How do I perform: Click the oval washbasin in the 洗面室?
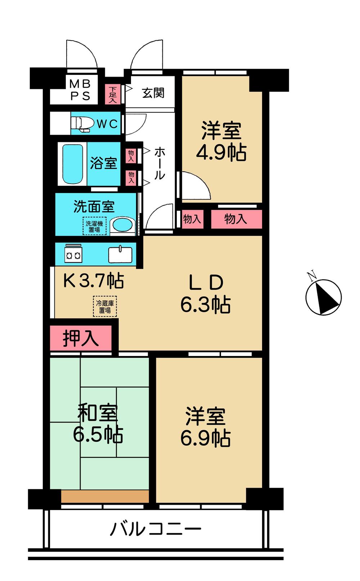[122, 225]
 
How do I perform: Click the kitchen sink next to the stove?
[120, 254]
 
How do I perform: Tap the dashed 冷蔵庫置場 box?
[105, 307]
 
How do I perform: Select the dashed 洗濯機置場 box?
[94, 226]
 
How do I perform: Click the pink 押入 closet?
[80, 338]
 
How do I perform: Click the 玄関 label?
[153, 93]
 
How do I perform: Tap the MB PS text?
[80, 90]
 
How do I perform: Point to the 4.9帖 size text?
[221, 153]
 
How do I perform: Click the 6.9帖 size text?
[205, 438]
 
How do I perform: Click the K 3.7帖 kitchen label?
[94, 280]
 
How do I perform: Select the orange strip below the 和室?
[105, 496]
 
